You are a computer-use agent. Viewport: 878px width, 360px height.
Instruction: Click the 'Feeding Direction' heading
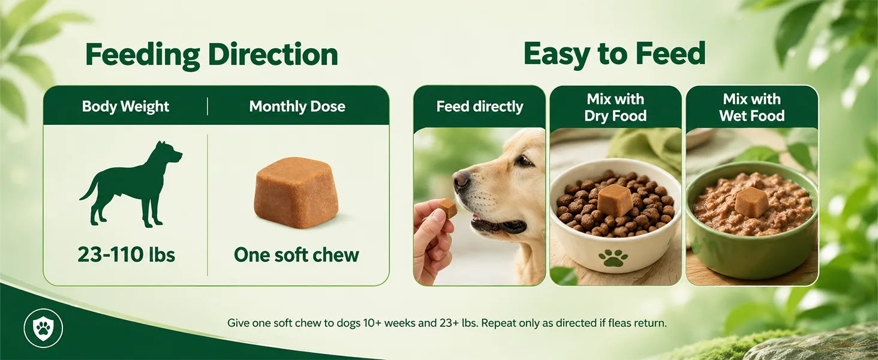pyautogui.click(x=212, y=55)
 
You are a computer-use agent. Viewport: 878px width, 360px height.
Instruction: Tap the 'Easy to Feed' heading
pyautogui.click(x=614, y=54)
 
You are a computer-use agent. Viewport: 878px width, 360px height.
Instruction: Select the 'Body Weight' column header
pyautogui.click(x=125, y=106)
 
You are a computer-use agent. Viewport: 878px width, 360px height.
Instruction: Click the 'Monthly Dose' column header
pyautogui.click(x=297, y=106)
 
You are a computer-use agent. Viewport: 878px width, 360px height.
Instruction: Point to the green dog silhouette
pyautogui.click(x=132, y=184)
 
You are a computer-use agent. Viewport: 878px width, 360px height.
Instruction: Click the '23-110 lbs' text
pyautogui.click(x=126, y=254)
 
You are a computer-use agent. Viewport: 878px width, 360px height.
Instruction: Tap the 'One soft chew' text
pyautogui.click(x=296, y=255)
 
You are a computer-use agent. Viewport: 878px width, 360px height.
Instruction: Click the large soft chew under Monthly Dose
pyautogui.click(x=296, y=191)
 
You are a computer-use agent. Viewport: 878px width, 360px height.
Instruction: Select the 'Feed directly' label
pyautogui.click(x=480, y=106)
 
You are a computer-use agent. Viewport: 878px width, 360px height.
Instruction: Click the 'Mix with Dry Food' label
pyautogui.click(x=615, y=107)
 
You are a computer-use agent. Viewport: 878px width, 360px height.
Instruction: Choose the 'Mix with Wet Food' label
pyautogui.click(x=752, y=107)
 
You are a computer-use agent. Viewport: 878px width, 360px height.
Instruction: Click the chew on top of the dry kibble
pyautogui.click(x=615, y=200)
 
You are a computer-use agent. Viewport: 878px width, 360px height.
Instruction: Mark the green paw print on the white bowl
pyautogui.click(x=614, y=257)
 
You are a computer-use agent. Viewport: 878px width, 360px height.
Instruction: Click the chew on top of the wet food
pyautogui.click(x=751, y=202)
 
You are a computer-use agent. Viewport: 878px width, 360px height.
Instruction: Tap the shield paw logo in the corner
pyautogui.click(x=43, y=328)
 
